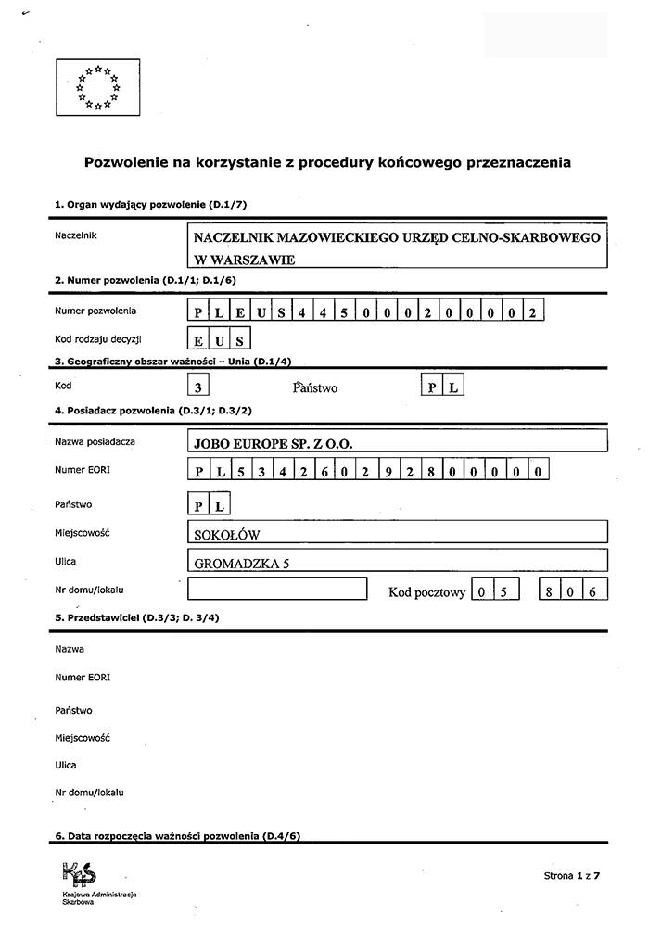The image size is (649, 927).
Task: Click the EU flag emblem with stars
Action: [98, 87]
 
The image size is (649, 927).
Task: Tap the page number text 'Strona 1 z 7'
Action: [572, 875]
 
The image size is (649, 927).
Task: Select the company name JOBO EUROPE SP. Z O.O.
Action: [274, 443]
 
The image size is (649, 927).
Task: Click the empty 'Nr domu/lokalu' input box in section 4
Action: [277, 590]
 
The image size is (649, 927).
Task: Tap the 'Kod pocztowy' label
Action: [426, 592]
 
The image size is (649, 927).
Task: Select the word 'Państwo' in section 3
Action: [315, 387]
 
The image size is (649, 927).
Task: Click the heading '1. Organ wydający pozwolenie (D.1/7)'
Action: [150, 204]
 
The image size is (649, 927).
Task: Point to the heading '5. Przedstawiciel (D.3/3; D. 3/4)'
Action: [137, 616]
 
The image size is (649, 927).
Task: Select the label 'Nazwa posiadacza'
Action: [95, 441]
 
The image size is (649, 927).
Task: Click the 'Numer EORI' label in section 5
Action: [83, 678]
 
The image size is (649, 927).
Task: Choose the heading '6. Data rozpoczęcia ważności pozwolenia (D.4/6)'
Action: [177, 836]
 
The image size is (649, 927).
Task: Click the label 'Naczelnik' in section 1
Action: [76, 235]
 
